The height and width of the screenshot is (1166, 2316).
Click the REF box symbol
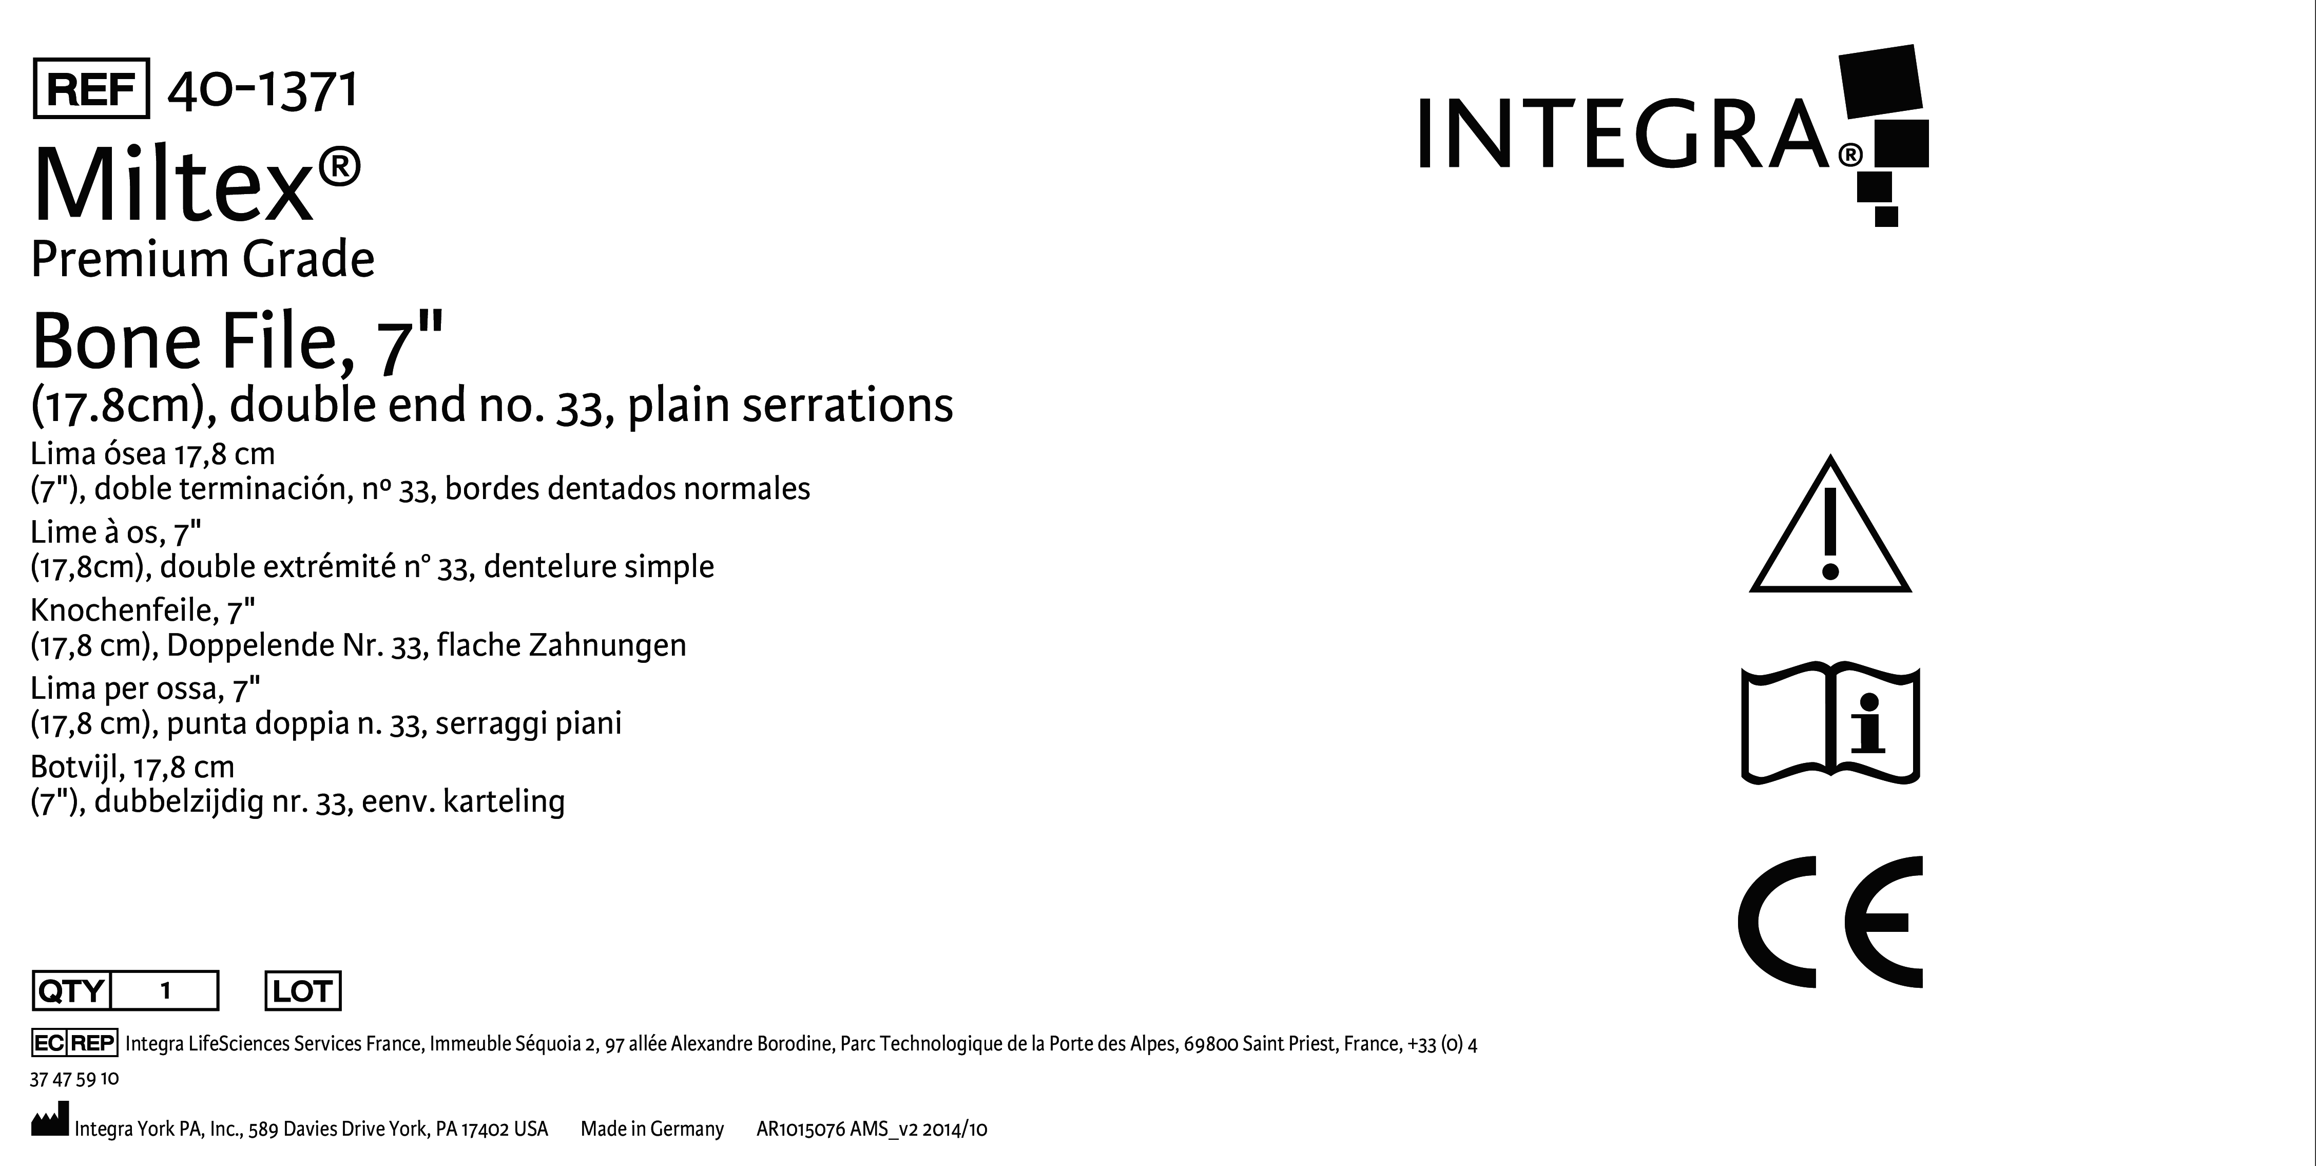pos(91,88)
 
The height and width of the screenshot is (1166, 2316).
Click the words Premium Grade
pos(202,260)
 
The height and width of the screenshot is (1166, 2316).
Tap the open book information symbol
pos(1830,724)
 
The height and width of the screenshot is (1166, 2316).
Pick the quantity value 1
pos(165,991)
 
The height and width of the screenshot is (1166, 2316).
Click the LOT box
pos(303,991)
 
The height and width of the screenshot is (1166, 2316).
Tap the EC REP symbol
pos(74,1043)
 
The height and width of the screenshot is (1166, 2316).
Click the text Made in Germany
pos(652,1129)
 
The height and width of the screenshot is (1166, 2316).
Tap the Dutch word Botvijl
pos(78,768)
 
